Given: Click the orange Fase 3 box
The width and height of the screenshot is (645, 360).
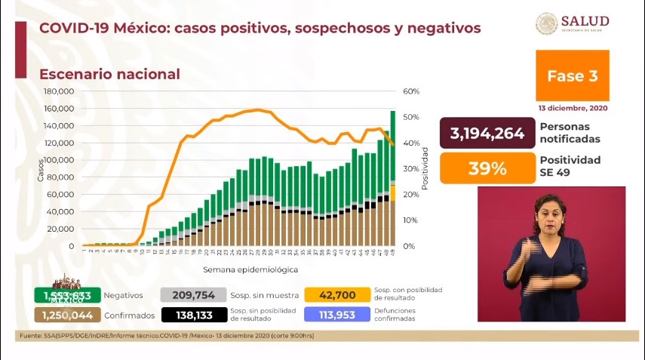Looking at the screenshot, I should [572, 75].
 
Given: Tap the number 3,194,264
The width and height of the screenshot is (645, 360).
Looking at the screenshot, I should [487, 134].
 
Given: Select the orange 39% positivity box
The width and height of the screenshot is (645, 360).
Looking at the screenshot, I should [487, 168].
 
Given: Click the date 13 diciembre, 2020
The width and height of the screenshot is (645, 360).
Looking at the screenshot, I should [573, 108].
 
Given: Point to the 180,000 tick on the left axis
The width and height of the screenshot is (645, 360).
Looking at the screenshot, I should [59, 91].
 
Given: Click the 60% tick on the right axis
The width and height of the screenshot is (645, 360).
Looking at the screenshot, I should [411, 91].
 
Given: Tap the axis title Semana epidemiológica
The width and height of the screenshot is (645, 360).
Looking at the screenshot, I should [250, 269].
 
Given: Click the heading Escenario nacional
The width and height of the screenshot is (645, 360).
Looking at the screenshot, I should [109, 74].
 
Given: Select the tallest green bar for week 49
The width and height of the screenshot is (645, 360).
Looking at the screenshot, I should [393, 143].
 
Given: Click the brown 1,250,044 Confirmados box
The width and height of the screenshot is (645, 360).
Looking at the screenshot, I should [63, 315].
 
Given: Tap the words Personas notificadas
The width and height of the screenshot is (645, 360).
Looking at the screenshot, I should [570, 134].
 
